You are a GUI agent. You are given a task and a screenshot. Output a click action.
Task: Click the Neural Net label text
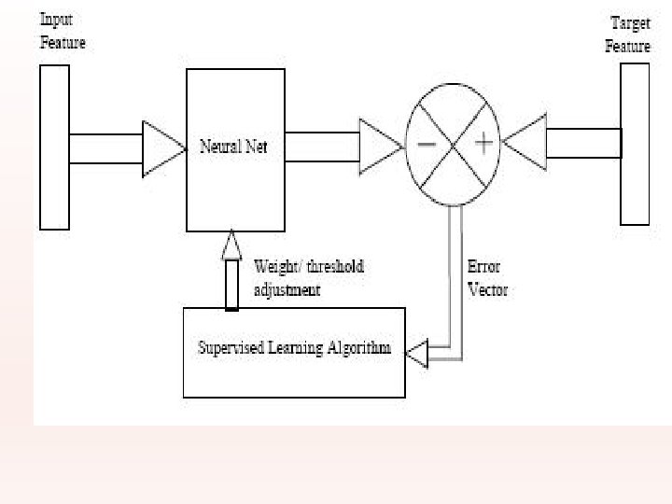pos(233,147)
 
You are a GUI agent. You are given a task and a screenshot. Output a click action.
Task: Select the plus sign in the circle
pos(484,144)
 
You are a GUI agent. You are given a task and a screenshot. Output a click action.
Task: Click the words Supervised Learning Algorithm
pos(294,349)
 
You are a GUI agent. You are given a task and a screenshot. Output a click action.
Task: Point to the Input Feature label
pos(63,31)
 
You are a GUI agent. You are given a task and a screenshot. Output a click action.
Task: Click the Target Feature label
pos(628,35)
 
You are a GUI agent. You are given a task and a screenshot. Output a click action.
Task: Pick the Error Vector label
pos(487,278)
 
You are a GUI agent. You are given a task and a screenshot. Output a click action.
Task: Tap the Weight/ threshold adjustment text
pos(308,278)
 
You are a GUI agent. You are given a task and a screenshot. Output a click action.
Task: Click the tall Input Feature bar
pos(54,147)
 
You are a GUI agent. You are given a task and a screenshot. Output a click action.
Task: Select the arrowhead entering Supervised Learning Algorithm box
pos(416,352)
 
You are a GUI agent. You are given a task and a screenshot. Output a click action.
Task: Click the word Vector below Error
pos(487,290)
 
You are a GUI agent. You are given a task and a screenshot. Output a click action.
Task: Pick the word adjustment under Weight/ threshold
pos(287,290)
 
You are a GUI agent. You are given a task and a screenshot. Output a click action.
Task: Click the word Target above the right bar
pos(630,23)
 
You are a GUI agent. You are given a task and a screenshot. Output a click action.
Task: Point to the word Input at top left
pos(57,20)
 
